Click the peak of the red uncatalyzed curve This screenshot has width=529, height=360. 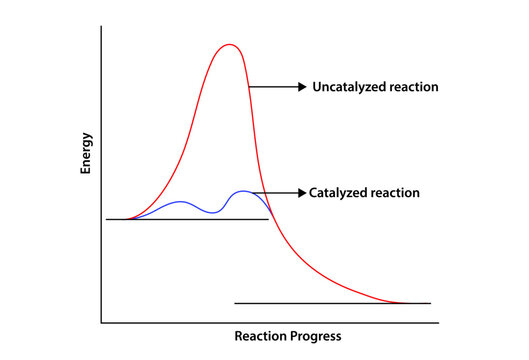pyautogui.click(x=230, y=44)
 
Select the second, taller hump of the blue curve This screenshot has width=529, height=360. pyautogui.click(x=243, y=191)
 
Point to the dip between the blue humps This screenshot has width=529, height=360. pyautogui.click(x=211, y=212)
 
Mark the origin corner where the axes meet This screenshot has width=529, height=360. pyautogui.click(x=101, y=323)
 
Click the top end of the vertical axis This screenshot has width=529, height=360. pyautogui.click(x=101, y=27)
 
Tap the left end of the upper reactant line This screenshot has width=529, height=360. pyautogui.click(x=107, y=218)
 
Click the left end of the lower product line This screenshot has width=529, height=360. pyautogui.click(x=235, y=302)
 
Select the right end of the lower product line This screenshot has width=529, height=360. pyautogui.click(x=430, y=302)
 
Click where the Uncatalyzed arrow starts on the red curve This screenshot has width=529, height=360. pyautogui.click(x=250, y=88)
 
